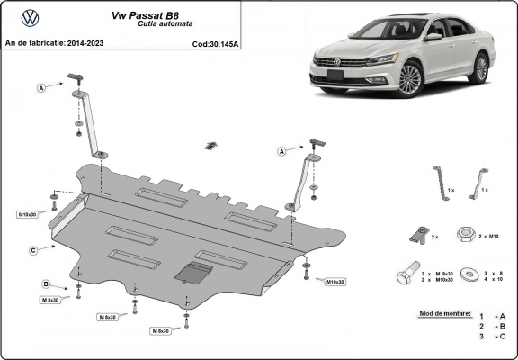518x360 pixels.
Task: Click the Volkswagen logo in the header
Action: (x=29, y=17)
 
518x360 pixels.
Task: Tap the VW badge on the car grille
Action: (x=338, y=62)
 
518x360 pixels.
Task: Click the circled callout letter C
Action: (x=32, y=249)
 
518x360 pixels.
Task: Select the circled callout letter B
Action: (x=44, y=284)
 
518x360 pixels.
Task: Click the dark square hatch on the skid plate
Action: (x=193, y=271)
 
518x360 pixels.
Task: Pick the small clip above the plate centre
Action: (x=211, y=145)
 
